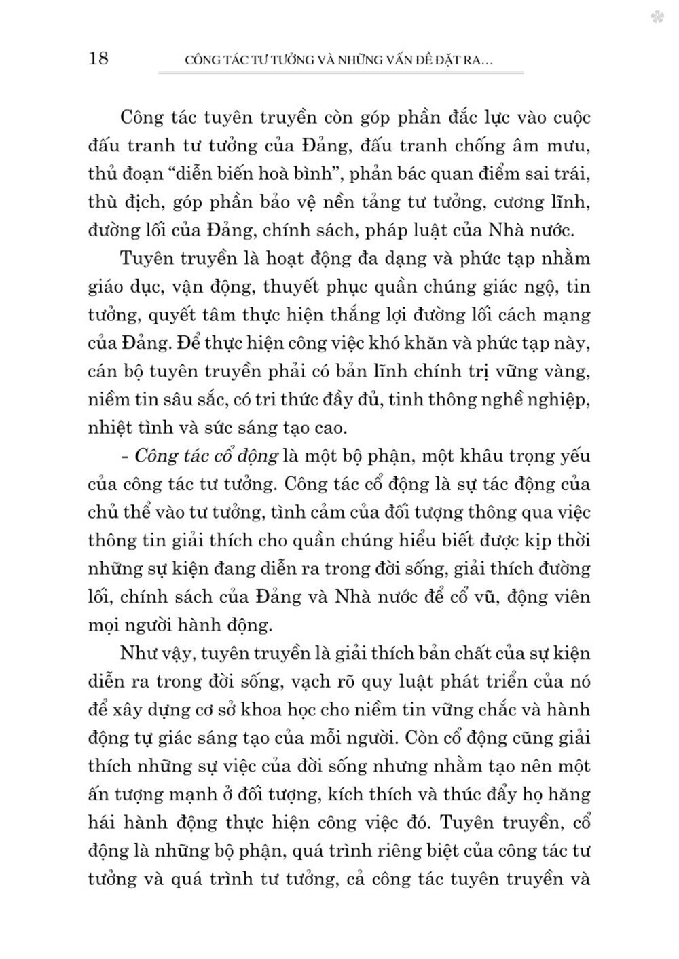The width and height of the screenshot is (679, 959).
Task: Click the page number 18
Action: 98,58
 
